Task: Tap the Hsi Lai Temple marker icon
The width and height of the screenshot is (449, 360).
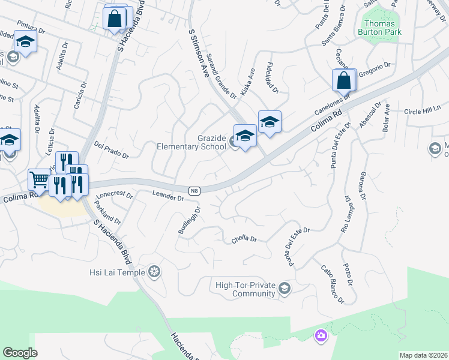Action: (x=155, y=272)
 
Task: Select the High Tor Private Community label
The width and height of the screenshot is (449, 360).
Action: (x=245, y=289)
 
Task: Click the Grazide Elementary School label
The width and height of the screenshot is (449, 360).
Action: (x=191, y=142)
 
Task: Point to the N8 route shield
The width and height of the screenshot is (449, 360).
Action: (x=194, y=191)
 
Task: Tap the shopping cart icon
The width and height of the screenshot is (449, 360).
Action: (x=38, y=179)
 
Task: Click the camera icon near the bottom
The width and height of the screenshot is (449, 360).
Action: (x=321, y=335)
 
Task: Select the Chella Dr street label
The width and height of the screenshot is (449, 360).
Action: (x=244, y=239)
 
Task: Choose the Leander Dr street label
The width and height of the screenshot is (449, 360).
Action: (x=167, y=195)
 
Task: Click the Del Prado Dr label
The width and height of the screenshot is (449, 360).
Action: (x=112, y=150)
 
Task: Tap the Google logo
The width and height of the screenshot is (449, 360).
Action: (x=20, y=353)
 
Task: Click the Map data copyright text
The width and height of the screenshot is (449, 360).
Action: (x=423, y=355)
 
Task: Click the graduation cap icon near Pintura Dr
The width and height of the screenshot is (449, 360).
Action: (x=25, y=41)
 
